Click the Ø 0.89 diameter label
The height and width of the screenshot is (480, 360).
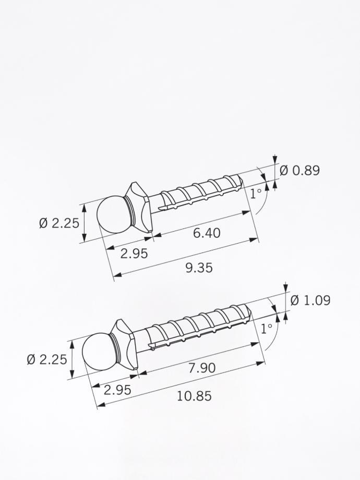pyautogui.click(x=299, y=171)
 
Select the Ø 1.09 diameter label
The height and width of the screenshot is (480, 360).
pyautogui.click(x=310, y=301)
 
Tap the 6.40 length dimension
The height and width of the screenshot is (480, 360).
pyautogui.click(x=207, y=233)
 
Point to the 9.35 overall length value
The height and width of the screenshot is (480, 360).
pyautogui.click(x=199, y=268)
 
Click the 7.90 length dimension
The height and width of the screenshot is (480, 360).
pyautogui.click(x=202, y=368)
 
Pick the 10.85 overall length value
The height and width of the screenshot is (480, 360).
pyautogui.click(x=194, y=397)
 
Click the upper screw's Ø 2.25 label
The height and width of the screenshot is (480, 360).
pyautogui.click(x=59, y=223)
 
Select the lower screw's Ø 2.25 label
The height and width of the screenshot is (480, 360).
pyautogui.click(x=47, y=359)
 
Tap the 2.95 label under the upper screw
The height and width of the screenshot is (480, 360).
pyautogui.click(x=134, y=254)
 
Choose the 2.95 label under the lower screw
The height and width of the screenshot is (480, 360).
pyautogui.click(x=117, y=390)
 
